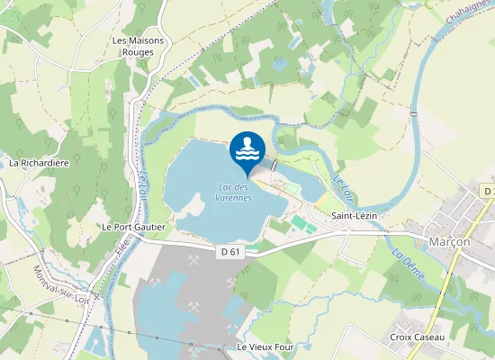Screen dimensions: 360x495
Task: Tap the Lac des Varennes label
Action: click(x=235, y=192)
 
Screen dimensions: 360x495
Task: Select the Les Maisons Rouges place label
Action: click(x=133, y=46)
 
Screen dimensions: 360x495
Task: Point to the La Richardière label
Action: click(x=39, y=163)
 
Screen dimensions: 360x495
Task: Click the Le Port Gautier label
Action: click(x=133, y=227)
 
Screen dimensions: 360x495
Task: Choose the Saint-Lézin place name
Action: click(x=354, y=216)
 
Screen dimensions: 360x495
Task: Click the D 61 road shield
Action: click(x=230, y=251)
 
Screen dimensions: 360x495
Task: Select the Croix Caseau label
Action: click(x=414, y=337)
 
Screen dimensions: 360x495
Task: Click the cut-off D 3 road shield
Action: click(x=488, y=192)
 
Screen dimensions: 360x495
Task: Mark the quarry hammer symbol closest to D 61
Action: click(x=193, y=262)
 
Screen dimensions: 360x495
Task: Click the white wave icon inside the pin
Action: click(x=247, y=149)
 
